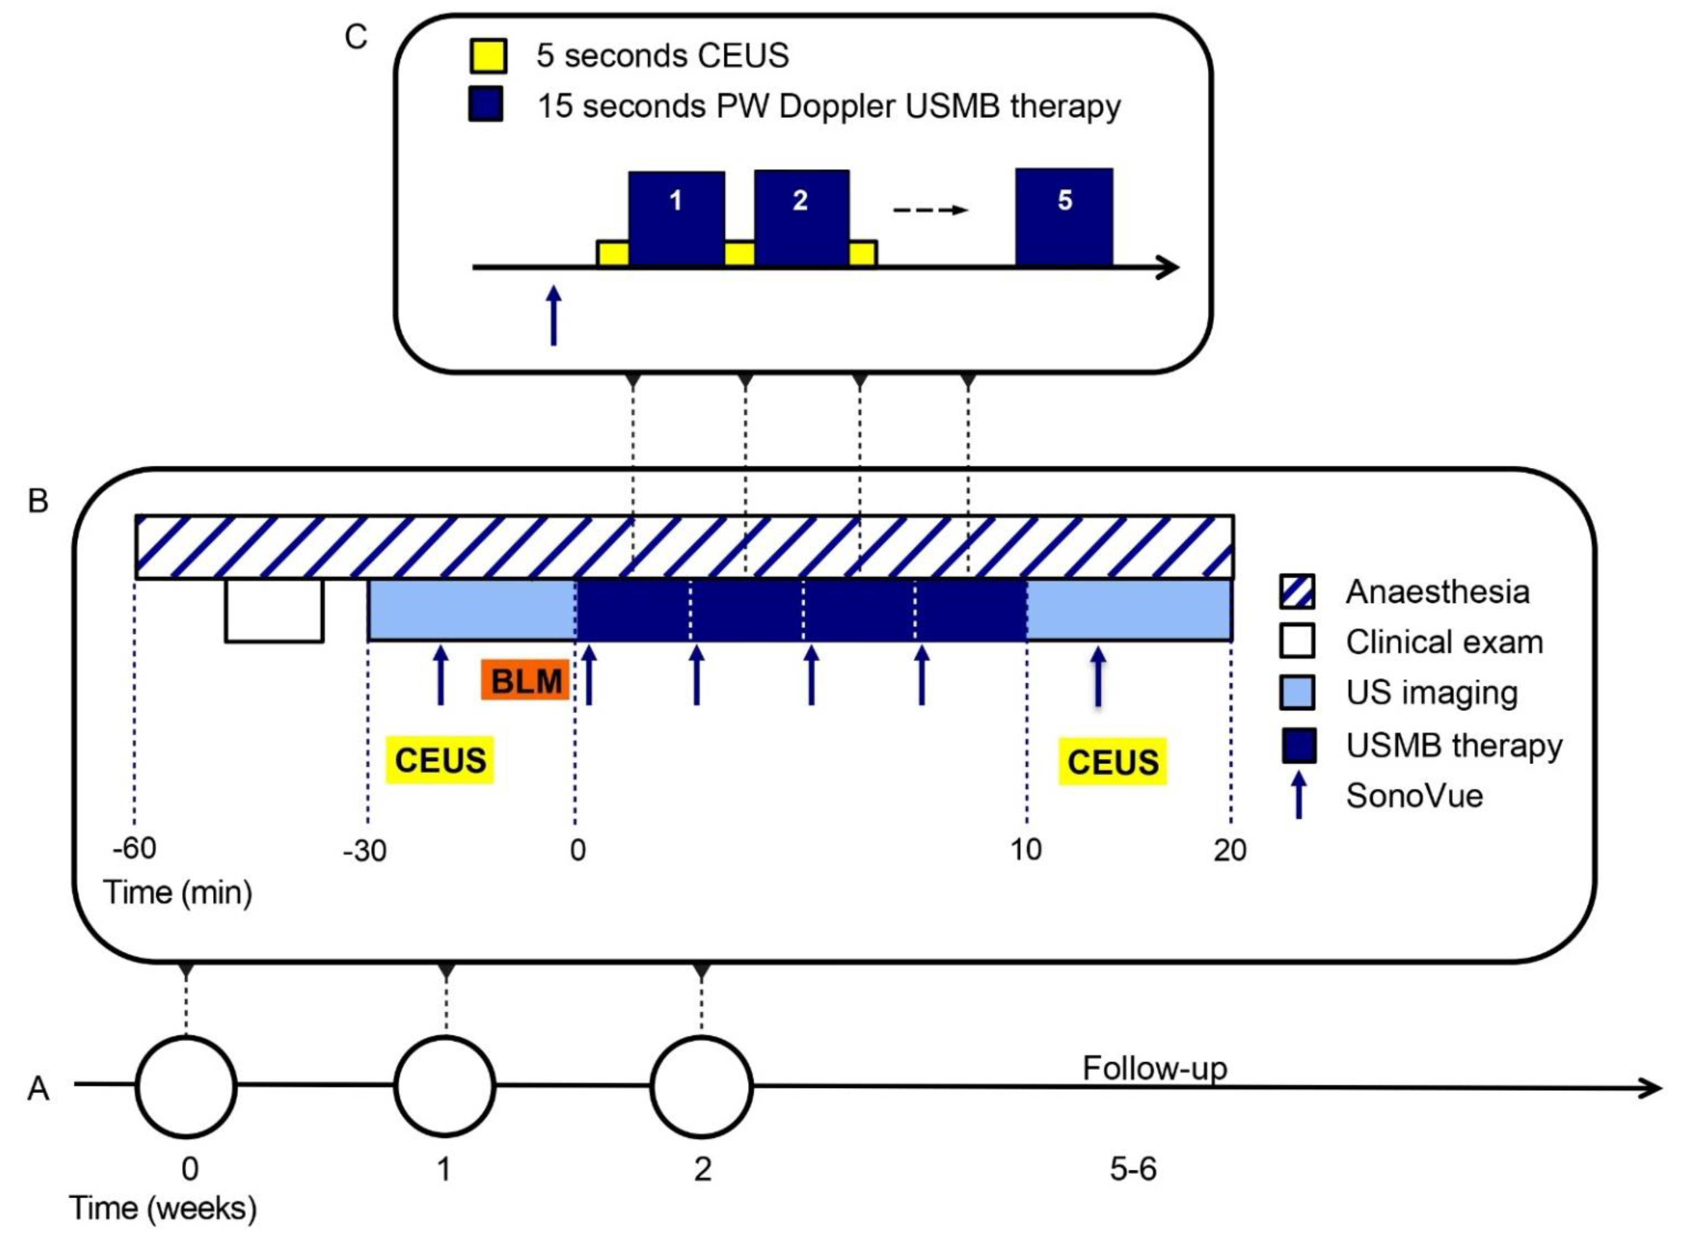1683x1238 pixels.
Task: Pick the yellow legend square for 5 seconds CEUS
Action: point(488,56)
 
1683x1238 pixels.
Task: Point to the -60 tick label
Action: point(135,848)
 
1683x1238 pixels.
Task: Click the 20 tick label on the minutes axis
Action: point(1229,850)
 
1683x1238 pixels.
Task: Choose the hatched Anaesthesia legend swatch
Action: point(1297,591)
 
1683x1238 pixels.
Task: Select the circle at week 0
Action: point(186,1087)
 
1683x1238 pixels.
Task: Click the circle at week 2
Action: point(701,1087)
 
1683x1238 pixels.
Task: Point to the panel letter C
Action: point(356,37)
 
